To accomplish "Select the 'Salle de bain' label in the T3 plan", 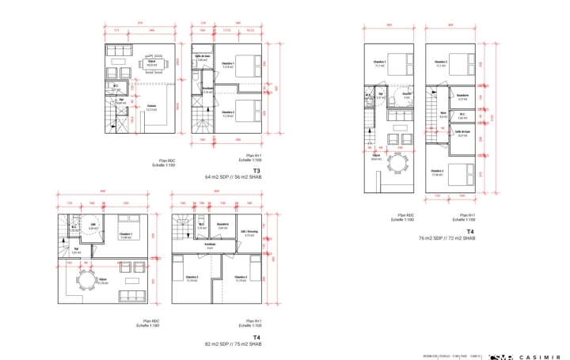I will [205, 56].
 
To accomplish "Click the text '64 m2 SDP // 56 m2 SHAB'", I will [234, 176].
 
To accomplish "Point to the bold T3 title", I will [256, 170].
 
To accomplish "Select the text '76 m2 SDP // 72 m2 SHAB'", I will [447, 237].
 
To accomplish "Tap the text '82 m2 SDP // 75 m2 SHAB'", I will [234, 344].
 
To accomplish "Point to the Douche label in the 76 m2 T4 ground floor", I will [407, 93].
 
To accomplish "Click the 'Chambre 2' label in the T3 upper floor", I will [227, 112].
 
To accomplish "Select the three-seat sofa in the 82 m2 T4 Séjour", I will [129, 297].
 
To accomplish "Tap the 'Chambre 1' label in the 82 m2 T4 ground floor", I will [125, 233].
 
